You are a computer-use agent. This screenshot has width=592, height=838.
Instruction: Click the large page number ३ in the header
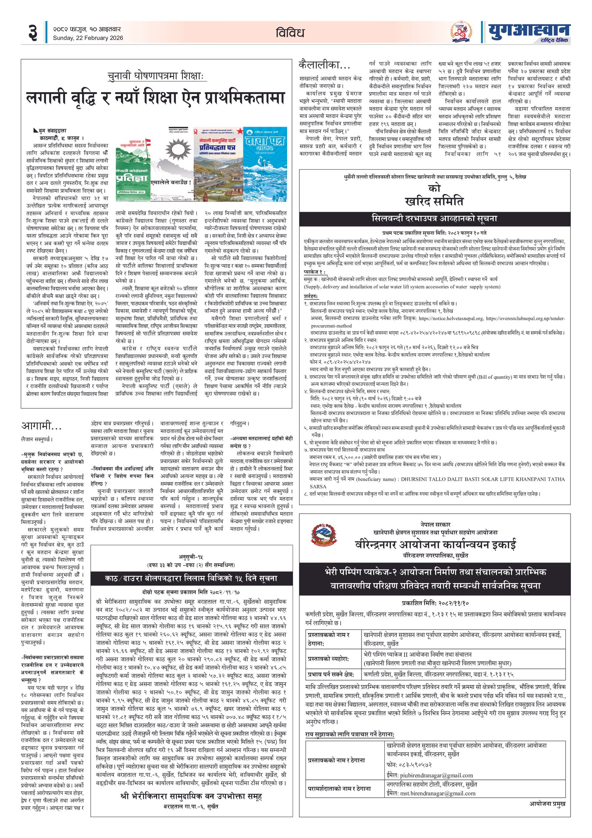(33, 33)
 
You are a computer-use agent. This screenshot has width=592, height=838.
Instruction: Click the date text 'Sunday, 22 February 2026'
(88, 38)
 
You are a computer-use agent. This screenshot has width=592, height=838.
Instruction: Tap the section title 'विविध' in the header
(290, 33)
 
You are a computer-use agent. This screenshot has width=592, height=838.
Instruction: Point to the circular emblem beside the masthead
(461, 32)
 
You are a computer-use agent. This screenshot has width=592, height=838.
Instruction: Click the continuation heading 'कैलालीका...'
(324, 65)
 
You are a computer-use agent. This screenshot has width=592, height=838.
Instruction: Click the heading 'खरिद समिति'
(434, 201)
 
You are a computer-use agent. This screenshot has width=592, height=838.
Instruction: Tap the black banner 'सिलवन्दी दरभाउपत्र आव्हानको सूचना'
(434, 218)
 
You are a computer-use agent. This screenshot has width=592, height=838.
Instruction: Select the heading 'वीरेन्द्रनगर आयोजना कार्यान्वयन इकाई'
(435, 544)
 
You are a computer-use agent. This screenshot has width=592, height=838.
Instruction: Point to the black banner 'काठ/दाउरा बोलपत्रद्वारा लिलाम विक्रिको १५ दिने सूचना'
(191, 578)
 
